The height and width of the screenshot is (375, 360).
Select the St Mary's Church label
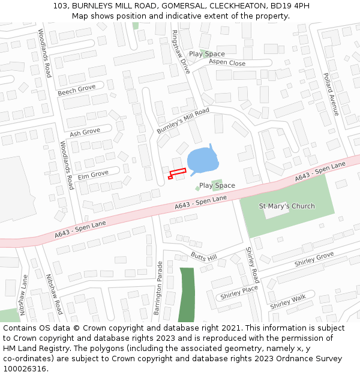[286, 206]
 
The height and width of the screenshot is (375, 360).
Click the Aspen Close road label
[227, 63]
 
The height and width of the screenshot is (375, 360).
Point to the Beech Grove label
[77, 91]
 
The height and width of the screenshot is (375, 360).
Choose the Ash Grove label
[85, 132]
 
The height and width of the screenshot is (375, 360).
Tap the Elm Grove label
[93, 174]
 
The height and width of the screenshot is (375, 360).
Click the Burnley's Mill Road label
[182, 121]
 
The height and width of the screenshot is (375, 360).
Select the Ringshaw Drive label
[180, 52]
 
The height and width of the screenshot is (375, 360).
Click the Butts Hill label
[203, 257]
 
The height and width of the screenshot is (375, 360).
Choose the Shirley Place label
[239, 293]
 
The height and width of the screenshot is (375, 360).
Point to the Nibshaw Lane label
[23, 295]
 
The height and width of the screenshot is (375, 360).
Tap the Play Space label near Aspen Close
[207, 54]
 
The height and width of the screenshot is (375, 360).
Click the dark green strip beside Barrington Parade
[187, 294]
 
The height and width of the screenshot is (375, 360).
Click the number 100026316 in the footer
[25, 368]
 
